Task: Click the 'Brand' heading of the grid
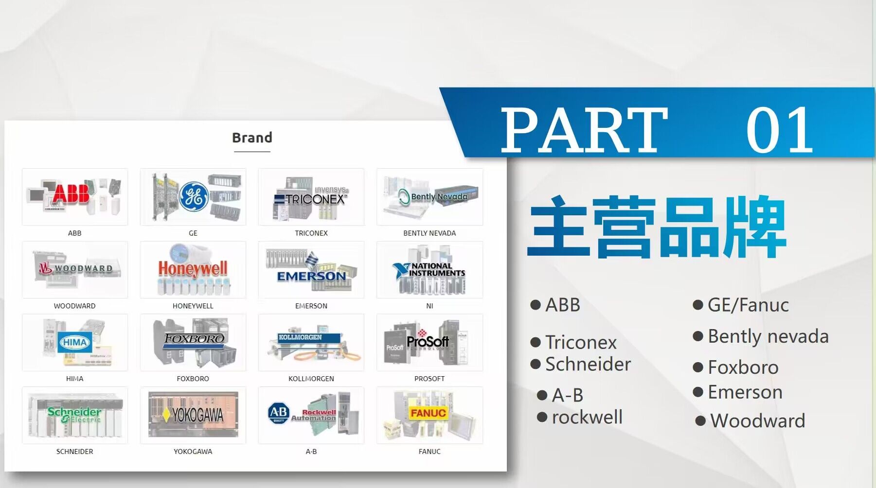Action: [x=252, y=138]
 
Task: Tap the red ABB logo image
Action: [x=72, y=193]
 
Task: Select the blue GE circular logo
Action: [x=194, y=196]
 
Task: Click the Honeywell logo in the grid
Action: [x=193, y=269]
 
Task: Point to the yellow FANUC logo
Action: [x=428, y=413]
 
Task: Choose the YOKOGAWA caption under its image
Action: [x=193, y=452]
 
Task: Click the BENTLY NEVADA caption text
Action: [x=429, y=233]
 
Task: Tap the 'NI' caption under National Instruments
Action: [x=429, y=306]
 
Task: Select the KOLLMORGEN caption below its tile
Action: [x=311, y=379]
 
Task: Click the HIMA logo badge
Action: [x=74, y=342]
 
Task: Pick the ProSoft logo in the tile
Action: [x=428, y=341]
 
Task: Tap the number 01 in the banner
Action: [x=780, y=130]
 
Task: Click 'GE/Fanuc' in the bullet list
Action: [x=748, y=305]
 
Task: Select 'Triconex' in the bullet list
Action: [x=581, y=342]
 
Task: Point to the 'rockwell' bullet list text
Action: [x=587, y=417]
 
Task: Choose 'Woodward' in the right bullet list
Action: [x=757, y=420]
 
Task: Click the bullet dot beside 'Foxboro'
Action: [x=698, y=367]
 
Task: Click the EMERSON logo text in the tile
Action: [x=311, y=276]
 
